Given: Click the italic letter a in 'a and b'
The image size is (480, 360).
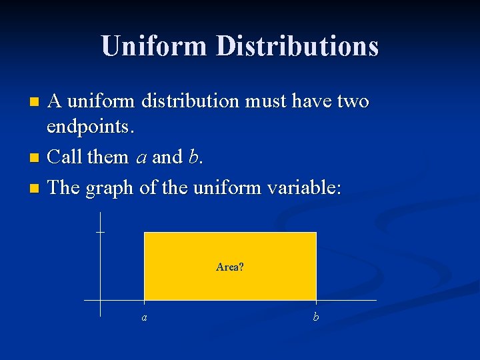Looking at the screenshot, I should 141,158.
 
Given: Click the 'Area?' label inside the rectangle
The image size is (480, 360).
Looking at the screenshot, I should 230,267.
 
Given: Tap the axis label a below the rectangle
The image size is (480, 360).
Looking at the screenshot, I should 145,317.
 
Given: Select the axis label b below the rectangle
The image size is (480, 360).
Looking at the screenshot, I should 316,317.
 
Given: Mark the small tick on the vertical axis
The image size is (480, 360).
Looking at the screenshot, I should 100,232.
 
